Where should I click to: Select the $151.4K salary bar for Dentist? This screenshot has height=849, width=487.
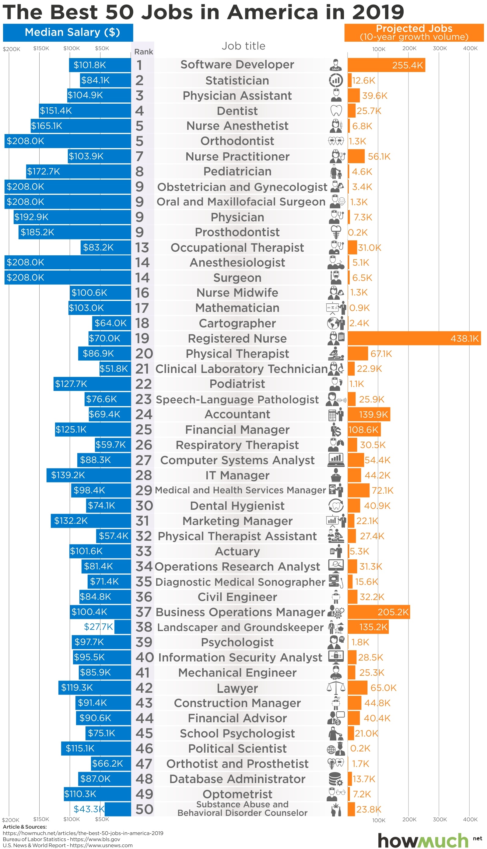pyautogui.click(x=85, y=111)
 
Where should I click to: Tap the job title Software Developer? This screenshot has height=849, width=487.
pyautogui.click(x=237, y=64)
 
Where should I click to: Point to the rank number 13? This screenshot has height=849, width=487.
pyautogui.click(x=142, y=247)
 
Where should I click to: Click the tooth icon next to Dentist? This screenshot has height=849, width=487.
pyautogui.click(x=336, y=111)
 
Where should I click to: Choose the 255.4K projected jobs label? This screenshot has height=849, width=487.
pyautogui.click(x=407, y=65)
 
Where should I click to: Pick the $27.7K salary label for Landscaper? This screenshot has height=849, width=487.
pyautogui.click(x=98, y=626)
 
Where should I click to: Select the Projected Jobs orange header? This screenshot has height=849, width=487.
pyautogui.click(x=414, y=33)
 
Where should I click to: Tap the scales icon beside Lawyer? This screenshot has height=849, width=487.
pyautogui.click(x=336, y=687)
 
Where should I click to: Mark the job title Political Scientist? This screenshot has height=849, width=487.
pyautogui.click(x=237, y=748)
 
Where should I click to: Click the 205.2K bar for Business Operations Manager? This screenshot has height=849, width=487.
pyautogui.click(x=378, y=612)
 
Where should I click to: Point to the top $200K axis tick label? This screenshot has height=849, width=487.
pyautogui.click(x=11, y=49)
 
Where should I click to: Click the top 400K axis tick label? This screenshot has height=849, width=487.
pyautogui.click(x=470, y=48)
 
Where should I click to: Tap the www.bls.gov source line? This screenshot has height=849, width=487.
pyautogui.click(x=61, y=839)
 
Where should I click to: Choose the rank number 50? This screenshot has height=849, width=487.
pyautogui.click(x=144, y=809)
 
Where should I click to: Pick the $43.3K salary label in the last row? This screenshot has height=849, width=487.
pyautogui.click(x=89, y=809)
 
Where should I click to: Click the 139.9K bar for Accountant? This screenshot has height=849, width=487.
pyautogui.click(x=369, y=415)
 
